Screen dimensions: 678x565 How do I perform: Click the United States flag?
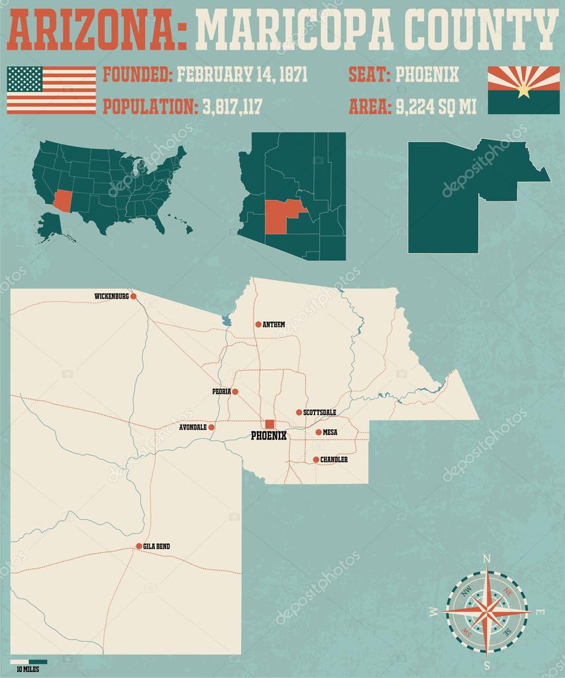tap(51, 90)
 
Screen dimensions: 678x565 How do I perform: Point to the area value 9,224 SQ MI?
tap(435, 107)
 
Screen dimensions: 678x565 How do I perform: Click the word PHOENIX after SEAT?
tap(427, 73)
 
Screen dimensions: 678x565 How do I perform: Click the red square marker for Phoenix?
tap(270, 424)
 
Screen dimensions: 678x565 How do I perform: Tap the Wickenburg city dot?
tap(133, 297)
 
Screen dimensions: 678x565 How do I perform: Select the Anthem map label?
tap(274, 324)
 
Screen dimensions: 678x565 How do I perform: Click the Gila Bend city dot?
tap(138, 546)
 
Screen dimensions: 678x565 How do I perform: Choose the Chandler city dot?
tap(315, 460)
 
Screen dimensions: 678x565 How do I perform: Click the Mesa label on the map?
tap(330, 432)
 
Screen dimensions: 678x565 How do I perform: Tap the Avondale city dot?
tap(211, 428)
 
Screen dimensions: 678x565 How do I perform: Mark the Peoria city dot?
tap(234, 391)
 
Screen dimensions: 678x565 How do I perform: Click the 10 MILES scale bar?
tap(28, 661)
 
